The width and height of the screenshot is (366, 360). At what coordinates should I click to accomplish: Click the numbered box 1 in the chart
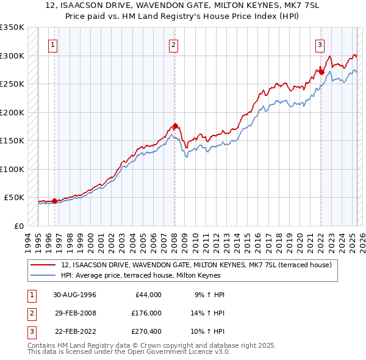tap(53, 45)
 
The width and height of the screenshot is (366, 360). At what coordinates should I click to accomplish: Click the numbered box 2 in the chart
tap(174, 45)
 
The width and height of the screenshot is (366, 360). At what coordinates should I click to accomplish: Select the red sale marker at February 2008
tap(175, 126)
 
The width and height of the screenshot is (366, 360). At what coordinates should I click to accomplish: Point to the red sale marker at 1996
tap(54, 201)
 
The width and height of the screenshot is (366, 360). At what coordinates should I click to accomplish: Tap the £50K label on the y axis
tap(15, 198)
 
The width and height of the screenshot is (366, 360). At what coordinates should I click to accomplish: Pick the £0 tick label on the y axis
tap(19, 226)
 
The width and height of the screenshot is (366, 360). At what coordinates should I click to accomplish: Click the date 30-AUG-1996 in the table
tap(74, 295)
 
